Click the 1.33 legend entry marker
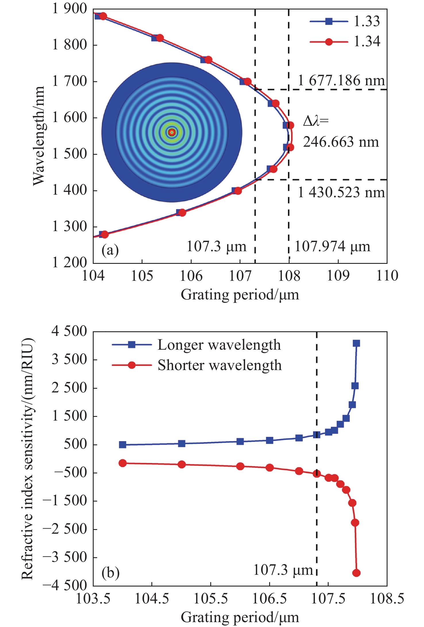(x=329, y=21)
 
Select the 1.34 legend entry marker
(x=329, y=42)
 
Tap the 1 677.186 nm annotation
(x=341, y=81)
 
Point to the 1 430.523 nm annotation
(x=341, y=192)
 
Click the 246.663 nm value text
(x=341, y=142)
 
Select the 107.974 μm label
(x=332, y=247)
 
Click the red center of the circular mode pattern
(x=172, y=132)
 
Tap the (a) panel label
(x=110, y=250)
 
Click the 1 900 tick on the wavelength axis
(x=69, y=9)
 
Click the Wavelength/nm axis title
(x=39, y=136)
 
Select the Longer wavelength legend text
(x=219, y=345)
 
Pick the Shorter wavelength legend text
(x=219, y=365)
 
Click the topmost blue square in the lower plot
(x=356, y=343)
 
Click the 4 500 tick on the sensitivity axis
(x=69, y=332)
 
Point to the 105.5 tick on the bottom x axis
(x=211, y=599)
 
